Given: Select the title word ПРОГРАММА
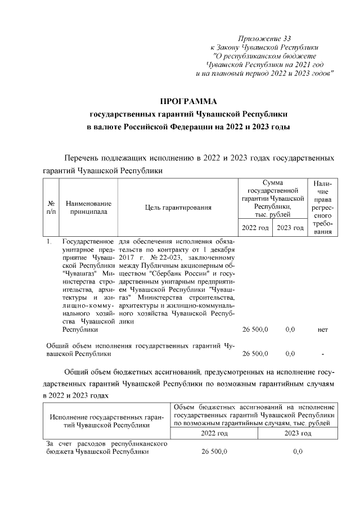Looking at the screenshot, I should [x=188, y=102].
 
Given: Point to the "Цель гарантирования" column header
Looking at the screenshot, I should [x=178, y=208].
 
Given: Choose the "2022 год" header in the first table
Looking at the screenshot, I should [x=255, y=228].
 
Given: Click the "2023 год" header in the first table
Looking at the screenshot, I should [x=290, y=228].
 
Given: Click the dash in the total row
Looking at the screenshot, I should [x=322, y=354].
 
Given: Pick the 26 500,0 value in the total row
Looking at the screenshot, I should [x=255, y=354].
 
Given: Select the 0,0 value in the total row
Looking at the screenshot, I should [x=290, y=354].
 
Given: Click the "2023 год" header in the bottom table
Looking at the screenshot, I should [x=298, y=433].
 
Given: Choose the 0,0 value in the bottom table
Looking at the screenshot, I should [x=298, y=452].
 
